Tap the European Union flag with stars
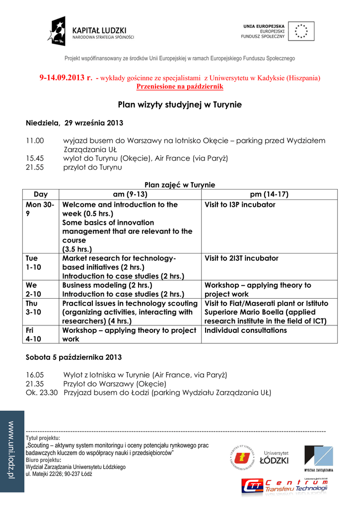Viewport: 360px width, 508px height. [300, 31]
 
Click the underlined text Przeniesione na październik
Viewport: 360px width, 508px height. [180, 86]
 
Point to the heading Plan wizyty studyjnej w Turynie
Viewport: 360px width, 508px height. [180, 105]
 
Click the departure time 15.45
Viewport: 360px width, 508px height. [35, 158]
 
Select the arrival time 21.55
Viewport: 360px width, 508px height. [35, 167]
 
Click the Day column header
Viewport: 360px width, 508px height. [41, 194]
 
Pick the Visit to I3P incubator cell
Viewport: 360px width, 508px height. [240, 205]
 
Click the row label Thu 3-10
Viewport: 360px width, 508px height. [34, 308]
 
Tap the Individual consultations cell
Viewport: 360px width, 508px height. [245, 330]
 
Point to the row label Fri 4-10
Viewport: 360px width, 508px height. [34, 335]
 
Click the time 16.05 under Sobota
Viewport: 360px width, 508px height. [35, 375]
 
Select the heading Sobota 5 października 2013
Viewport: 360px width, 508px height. [73, 357]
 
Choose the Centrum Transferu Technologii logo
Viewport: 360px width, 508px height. [285, 486]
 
